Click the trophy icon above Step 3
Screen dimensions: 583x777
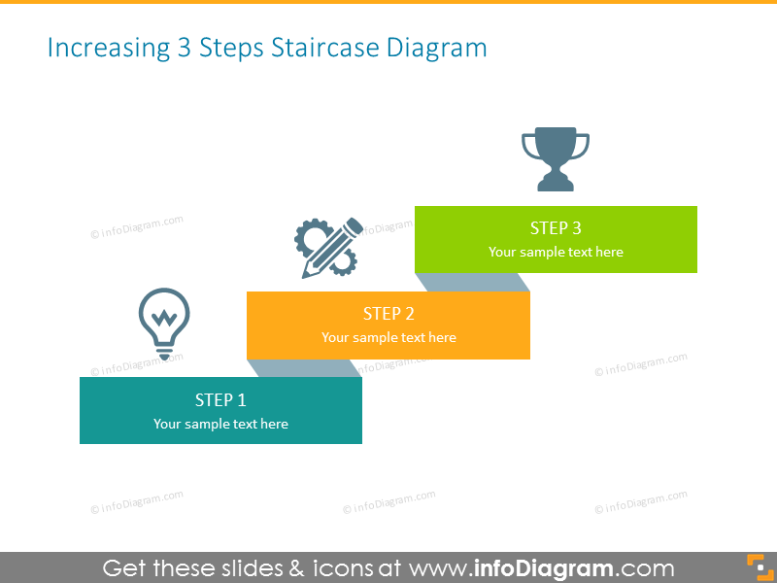click(x=556, y=157)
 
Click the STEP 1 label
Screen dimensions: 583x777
click(x=220, y=399)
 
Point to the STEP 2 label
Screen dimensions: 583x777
click(x=388, y=314)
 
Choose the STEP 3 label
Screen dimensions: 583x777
click(x=556, y=228)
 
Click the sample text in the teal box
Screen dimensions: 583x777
click(x=220, y=424)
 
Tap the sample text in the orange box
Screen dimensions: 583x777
click(x=388, y=338)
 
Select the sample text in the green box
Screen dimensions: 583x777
click(x=556, y=253)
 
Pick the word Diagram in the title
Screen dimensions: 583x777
click(x=436, y=48)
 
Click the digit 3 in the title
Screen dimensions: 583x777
click(x=185, y=48)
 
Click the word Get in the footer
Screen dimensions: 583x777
click(x=125, y=568)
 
